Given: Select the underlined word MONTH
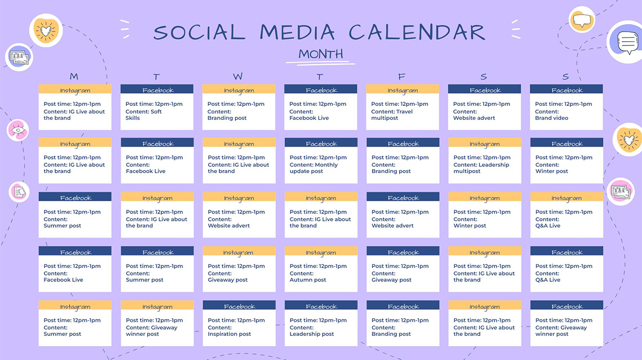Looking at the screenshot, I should (x=320, y=54).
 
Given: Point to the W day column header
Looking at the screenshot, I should (x=238, y=76).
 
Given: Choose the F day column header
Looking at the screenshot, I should (x=402, y=76).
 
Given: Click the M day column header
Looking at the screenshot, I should (x=74, y=76).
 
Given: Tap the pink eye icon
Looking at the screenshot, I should (x=17, y=130).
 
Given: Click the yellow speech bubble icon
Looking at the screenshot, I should (x=582, y=20).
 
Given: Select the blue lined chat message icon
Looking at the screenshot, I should (x=625, y=42).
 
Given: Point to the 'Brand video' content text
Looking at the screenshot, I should (x=552, y=118).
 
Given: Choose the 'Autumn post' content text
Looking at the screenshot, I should (x=308, y=280).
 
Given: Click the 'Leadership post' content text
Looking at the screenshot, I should (x=311, y=334).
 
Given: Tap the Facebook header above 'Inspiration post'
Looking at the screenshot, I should (x=239, y=307).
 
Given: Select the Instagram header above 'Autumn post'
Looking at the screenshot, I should (x=321, y=252).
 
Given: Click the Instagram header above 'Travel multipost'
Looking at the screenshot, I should (x=403, y=90).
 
